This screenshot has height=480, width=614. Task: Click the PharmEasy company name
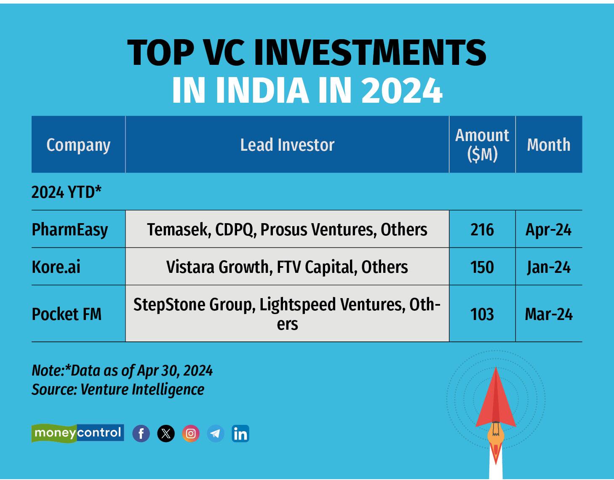pos(70,230)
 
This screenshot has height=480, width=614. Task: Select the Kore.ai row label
pos(56,267)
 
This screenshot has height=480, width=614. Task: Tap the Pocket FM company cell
pos(67,314)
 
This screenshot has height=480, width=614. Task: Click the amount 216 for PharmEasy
pos(482,230)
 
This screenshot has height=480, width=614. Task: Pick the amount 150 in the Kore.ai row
pos(482,267)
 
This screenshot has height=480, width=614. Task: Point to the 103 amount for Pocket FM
pos(482,314)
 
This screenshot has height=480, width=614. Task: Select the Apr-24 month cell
pos(548,230)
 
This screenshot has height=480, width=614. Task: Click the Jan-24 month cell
pos(549,267)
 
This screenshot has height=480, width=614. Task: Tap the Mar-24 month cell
pos(549,314)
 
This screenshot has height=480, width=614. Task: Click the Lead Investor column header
pos(287,145)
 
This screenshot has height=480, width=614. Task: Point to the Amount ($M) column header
pos(482,145)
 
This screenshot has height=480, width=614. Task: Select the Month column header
pos(549,145)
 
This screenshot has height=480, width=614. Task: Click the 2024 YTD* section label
pos(67,192)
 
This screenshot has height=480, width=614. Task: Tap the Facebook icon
pos(141,433)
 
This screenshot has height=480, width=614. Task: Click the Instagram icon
pos(191,433)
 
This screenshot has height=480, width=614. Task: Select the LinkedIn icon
pos(240,433)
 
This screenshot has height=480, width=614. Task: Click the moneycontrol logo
pos(78,433)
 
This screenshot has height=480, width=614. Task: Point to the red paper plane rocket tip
pos(496,367)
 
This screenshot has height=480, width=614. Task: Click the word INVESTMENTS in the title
pos(371,53)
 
